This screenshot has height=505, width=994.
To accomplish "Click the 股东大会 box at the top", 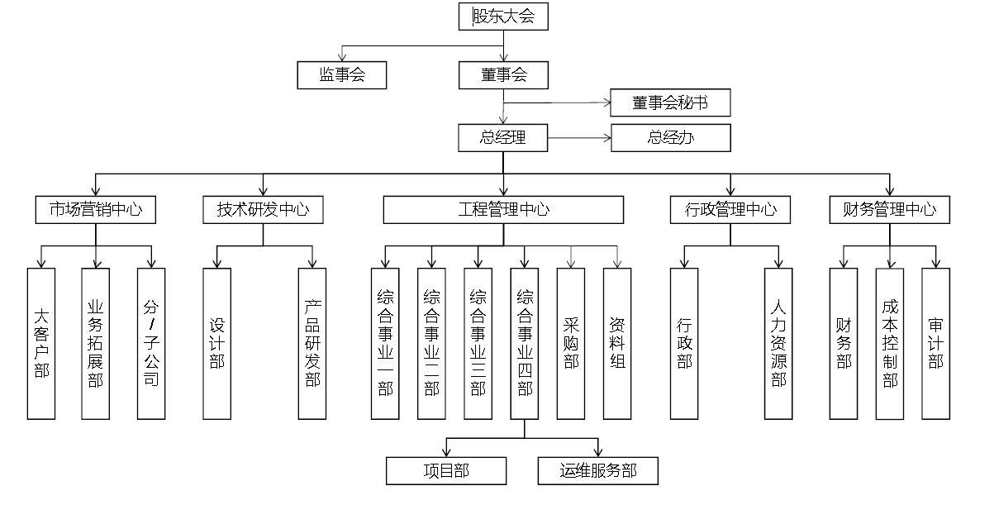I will pos(503,17).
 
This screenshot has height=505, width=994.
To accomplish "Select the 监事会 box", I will pos(342,75).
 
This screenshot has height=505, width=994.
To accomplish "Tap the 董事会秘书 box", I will pos(670,103).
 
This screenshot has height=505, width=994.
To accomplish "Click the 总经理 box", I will pos(503,138).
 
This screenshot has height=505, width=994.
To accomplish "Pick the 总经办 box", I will pos(670,138).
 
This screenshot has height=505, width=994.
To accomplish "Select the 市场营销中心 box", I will pos(96,210).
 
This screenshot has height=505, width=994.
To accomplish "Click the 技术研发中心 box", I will pos(263,210).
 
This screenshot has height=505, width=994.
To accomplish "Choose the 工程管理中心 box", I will pos(503,210).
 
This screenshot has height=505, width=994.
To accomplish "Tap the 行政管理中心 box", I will pos(730,210).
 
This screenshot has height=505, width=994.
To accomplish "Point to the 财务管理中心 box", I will pos(889,210).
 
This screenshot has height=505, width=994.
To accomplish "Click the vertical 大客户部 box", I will pos(41,343).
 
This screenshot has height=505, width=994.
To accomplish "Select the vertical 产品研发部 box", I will pos(312,343).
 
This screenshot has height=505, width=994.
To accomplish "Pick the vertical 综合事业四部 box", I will pos(524,343).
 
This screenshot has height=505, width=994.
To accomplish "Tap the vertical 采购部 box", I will pos(571,343).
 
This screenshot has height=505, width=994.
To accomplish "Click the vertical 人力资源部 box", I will pos(778,343).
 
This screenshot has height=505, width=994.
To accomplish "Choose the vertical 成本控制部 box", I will pos(889,343).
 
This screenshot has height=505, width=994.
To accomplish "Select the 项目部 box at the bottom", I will pos(446,471).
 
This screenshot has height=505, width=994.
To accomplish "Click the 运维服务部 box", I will pos(598,471).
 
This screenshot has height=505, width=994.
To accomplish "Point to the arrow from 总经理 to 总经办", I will pos(579,138).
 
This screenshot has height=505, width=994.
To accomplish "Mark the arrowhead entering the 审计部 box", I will pos(936,264).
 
